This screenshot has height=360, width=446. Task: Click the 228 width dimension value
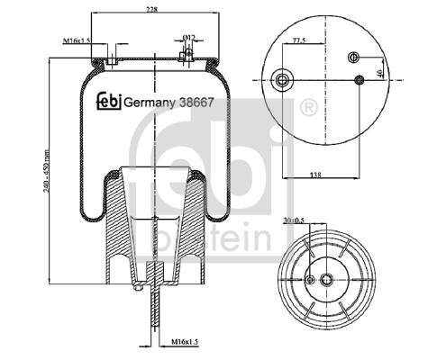[x=152, y=10]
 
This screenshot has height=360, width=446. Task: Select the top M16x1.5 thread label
[x=77, y=40]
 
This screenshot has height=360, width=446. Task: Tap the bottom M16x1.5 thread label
[x=185, y=342]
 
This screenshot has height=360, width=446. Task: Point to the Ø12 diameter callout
[x=189, y=38]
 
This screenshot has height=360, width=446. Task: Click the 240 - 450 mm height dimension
[x=46, y=171]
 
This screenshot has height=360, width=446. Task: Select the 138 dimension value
[x=315, y=175]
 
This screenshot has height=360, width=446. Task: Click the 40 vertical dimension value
[x=379, y=73]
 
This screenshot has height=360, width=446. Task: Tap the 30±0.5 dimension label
[x=294, y=220]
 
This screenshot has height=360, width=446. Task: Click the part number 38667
[x=196, y=103]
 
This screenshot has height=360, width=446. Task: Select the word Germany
[x=150, y=103]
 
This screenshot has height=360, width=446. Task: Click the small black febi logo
[x=109, y=101]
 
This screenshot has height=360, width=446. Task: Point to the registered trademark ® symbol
[x=309, y=107]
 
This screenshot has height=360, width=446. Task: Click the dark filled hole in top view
[x=360, y=80]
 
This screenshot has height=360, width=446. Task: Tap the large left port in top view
[x=282, y=80]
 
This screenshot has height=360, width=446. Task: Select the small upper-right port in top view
[x=353, y=57]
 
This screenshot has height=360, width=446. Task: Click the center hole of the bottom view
[x=326, y=280]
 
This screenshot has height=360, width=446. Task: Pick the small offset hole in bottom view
[x=310, y=280]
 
